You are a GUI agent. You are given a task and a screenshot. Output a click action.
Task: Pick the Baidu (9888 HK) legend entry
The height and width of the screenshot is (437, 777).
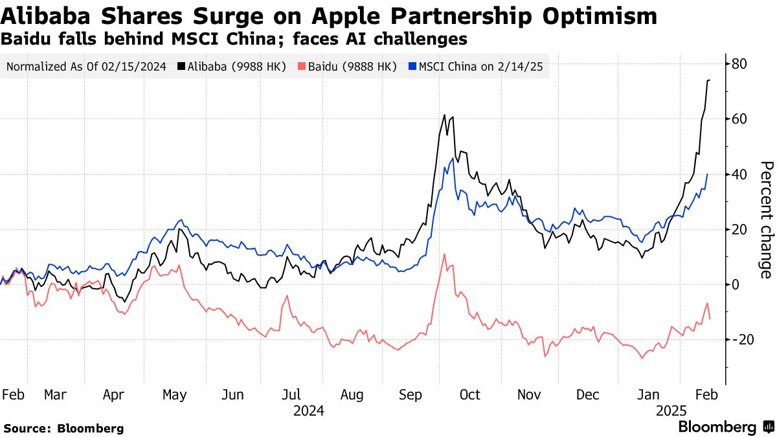tap(348, 66)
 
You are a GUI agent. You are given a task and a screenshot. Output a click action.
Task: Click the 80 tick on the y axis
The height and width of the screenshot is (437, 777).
tap(740, 63)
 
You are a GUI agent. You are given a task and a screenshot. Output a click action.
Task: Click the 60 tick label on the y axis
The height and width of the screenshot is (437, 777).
tap(740, 119)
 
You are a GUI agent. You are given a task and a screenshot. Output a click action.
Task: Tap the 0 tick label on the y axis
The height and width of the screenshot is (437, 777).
tap(736, 284)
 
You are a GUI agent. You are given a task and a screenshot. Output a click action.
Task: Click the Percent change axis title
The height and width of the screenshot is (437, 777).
tap(765, 219)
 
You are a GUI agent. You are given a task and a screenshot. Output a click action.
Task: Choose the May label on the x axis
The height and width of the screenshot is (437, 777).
tap(175, 394)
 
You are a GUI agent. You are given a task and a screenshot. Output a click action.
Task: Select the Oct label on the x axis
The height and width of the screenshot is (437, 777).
tap(470, 394)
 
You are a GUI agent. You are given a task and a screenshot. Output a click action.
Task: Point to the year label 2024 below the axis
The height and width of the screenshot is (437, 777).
tap(309, 410)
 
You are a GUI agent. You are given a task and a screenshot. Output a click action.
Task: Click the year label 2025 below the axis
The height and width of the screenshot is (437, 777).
tap(671, 410)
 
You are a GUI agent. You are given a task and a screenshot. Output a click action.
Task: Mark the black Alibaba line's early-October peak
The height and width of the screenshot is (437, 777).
tap(444, 115)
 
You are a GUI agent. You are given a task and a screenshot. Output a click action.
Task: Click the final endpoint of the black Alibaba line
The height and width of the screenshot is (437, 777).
tap(710, 80)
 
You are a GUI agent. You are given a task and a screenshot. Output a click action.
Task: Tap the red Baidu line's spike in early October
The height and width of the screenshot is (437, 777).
tap(444, 254)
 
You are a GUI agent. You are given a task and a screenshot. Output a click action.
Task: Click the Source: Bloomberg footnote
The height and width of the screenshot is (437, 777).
tap(63, 428)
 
